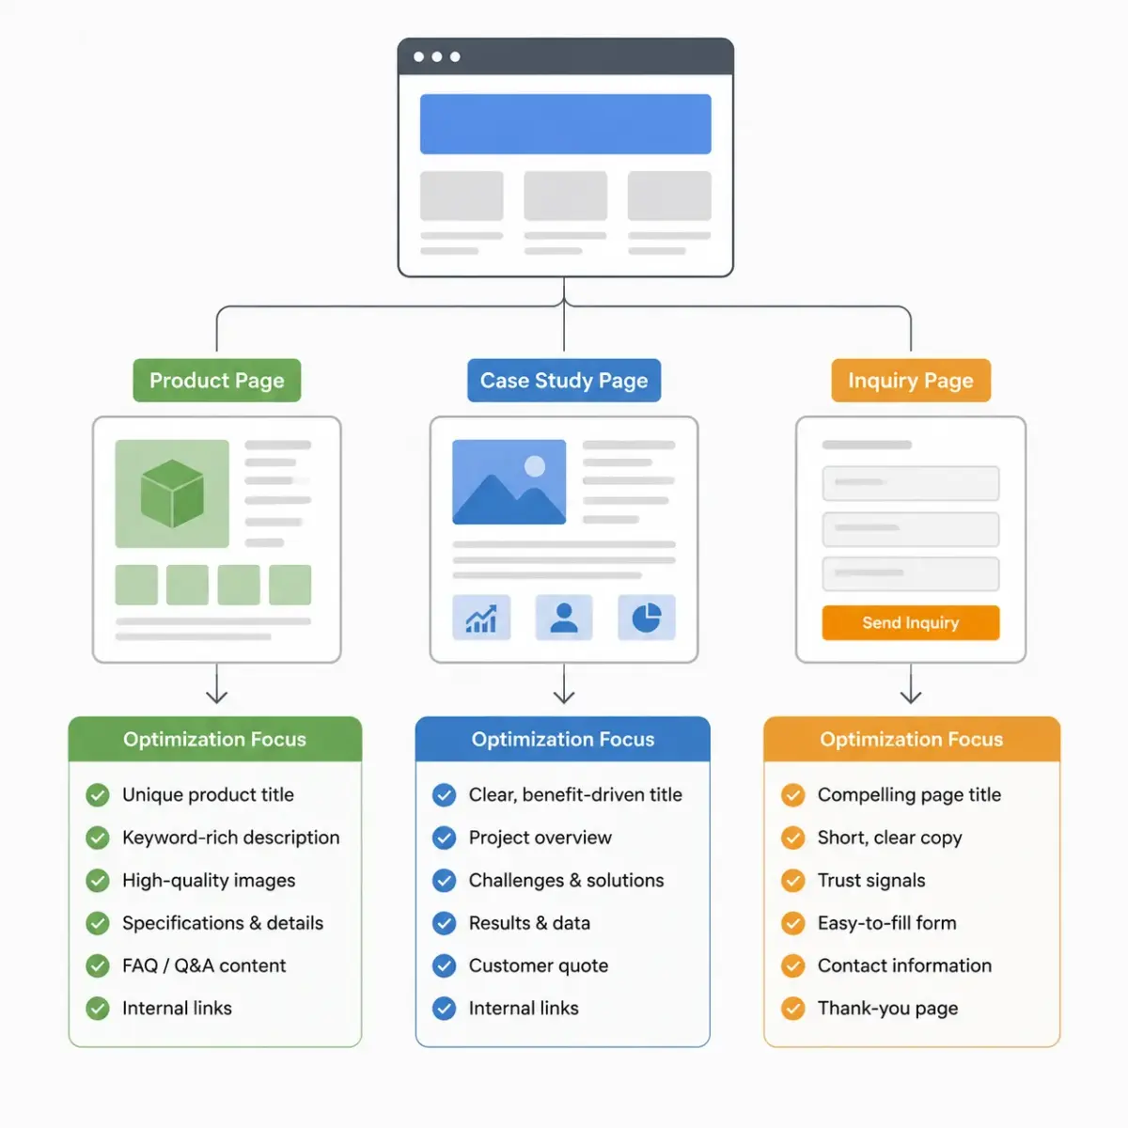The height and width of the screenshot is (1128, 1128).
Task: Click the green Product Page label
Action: point(216,380)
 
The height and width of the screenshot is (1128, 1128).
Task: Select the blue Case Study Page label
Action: point(564,380)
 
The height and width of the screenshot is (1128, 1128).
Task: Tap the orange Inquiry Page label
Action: point(911,380)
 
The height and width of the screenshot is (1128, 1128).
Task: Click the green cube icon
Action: point(172,493)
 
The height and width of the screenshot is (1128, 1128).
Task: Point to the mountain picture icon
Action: point(509,482)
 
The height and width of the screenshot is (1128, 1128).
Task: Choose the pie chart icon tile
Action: point(646,618)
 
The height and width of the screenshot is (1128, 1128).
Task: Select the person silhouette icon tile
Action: point(564,618)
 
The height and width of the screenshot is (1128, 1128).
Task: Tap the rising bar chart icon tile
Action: point(481,618)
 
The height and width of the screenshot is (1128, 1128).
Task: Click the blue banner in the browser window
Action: point(566,124)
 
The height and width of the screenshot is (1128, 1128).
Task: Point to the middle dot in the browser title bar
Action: point(437,56)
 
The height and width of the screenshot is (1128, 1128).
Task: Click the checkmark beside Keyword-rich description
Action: point(98,838)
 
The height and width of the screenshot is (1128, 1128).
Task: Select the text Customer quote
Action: point(539,965)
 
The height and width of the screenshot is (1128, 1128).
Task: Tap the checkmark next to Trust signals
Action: point(793,881)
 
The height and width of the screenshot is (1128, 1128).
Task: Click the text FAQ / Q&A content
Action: point(204,965)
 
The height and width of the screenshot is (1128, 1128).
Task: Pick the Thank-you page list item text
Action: point(888,1008)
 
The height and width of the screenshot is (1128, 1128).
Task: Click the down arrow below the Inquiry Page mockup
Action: point(911,683)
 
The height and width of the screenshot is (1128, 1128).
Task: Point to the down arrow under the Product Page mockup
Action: point(216,683)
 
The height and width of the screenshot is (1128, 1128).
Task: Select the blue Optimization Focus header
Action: point(562,739)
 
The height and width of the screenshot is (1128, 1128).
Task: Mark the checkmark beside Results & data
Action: point(445,923)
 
